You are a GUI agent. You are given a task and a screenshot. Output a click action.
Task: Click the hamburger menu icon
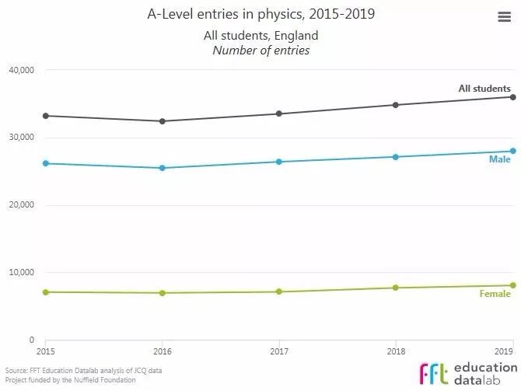click(x=503, y=18)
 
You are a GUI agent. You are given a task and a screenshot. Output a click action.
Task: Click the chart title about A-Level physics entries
click(x=260, y=15)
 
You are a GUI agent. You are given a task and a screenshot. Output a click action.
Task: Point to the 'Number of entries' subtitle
click(x=261, y=51)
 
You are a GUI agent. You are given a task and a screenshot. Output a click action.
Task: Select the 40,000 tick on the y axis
click(x=21, y=70)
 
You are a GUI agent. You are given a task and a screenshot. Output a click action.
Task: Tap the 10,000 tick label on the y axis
click(x=21, y=273)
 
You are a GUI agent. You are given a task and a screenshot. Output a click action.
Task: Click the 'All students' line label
click(x=484, y=89)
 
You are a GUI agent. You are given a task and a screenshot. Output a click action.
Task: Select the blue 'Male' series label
click(x=499, y=159)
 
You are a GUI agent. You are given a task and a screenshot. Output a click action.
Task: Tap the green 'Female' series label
click(x=495, y=294)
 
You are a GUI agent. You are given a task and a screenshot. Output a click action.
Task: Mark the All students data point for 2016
click(x=162, y=121)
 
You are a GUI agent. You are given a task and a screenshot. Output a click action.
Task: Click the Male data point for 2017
click(x=279, y=162)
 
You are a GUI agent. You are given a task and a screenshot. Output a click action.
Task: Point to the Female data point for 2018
click(x=396, y=288)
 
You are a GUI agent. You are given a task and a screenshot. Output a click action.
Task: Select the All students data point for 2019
click(x=513, y=96)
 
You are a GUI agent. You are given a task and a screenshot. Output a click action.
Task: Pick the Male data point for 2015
click(x=45, y=163)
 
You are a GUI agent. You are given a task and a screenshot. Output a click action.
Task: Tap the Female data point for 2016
click(x=162, y=293)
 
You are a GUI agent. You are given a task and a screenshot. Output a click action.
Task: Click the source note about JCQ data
click(x=84, y=370)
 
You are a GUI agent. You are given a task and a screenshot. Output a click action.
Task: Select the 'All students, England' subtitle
click(x=261, y=36)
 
